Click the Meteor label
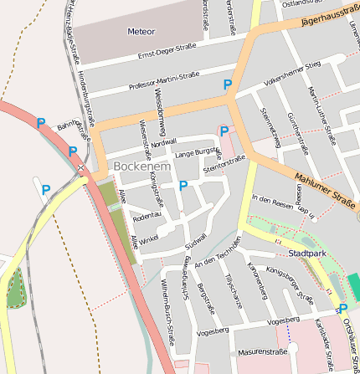(x=141, y=32)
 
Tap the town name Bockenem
(x=142, y=166)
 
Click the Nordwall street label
(x=164, y=142)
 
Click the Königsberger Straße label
(x=289, y=284)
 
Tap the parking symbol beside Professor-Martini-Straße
(x=227, y=85)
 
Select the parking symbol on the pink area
(x=224, y=131)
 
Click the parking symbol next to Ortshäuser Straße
(x=342, y=309)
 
